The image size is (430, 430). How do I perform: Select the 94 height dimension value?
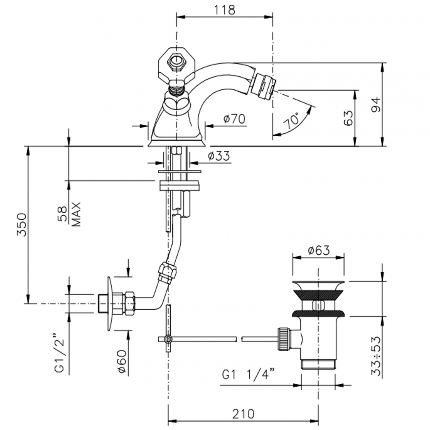pos(376,105)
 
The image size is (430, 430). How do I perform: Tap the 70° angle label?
pos(292,121)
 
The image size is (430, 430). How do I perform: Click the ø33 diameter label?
pos(219,156)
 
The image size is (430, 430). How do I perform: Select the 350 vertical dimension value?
pos(21,225)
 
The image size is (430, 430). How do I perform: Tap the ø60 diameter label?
pos(121,362)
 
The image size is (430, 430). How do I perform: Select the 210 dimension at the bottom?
pos(243,414)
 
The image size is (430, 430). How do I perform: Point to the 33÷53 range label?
pos(376,356)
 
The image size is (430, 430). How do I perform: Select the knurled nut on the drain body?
pos(284,338)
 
